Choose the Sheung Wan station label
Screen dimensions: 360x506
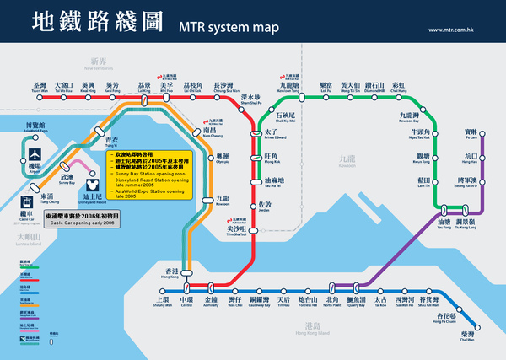pyautogui.click(x=162, y=300)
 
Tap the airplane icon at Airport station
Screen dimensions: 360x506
pyautogui.click(x=36, y=156)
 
